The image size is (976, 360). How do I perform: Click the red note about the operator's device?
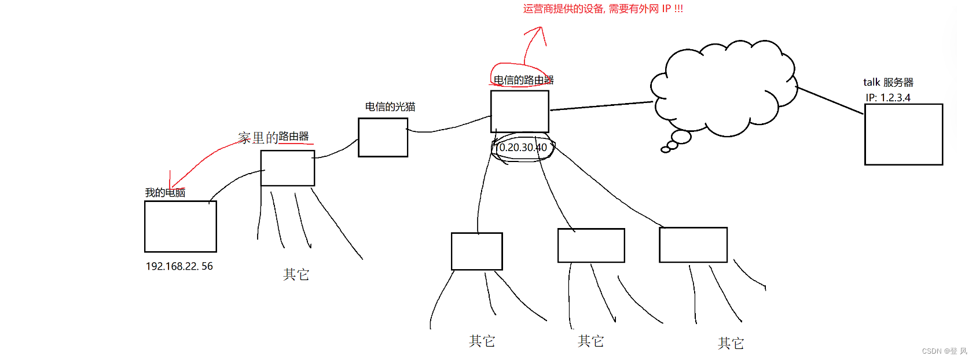(603, 9)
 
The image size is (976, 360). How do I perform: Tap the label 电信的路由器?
(523, 80)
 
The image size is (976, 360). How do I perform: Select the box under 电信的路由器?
(519, 111)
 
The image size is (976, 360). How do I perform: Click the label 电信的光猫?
(390, 106)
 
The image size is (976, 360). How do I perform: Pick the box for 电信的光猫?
(383, 137)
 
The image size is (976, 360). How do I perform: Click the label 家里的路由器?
(273, 137)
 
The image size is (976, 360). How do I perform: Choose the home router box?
(287, 168)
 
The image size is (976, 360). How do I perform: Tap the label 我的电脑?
(165, 193)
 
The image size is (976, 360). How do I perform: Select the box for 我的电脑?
(180, 226)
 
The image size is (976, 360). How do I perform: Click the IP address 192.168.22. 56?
(179, 266)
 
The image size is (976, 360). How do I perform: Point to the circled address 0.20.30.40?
(523, 148)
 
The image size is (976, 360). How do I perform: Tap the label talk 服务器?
(888, 82)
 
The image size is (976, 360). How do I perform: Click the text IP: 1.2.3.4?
(888, 98)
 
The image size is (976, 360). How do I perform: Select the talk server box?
(903, 134)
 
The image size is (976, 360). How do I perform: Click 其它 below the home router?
(296, 274)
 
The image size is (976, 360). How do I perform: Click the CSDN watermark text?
(944, 351)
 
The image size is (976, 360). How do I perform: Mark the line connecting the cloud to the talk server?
(830, 100)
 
